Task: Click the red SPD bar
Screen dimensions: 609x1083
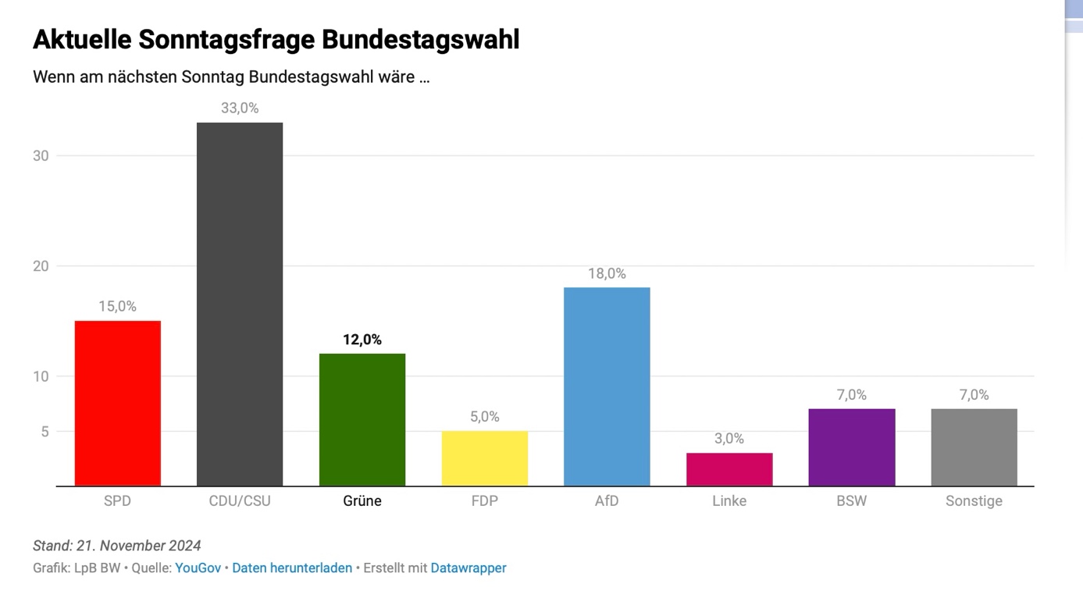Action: [x=117, y=404]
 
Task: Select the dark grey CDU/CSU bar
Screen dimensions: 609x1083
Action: [x=240, y=304]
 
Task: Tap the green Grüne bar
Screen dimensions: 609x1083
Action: [x=362, y=420]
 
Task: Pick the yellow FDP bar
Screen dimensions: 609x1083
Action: [x=485, y=459]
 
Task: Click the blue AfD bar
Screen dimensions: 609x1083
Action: [x=607, y=387]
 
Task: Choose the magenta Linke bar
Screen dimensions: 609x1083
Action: [x=729, y=470]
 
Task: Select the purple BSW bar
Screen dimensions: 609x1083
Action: [x=852, y=447]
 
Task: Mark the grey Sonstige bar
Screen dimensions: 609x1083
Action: [x=974, y=447]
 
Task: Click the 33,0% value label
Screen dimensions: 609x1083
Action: [x=240, y=108]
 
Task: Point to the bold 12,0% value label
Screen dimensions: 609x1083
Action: [x=362, y=340]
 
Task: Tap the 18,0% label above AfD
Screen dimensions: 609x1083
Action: [x=607, y=274]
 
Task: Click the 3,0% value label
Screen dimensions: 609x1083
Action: [x=729, y=439]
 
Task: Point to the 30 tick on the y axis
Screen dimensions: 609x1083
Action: [x=41, y=156]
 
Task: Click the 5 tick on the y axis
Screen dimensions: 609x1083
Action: [x=45, y=432]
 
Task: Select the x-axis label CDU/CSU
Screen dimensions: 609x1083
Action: [x=240, y=501]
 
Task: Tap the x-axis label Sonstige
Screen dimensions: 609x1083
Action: [x=974, y=501]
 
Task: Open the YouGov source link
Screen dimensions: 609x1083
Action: [x=198, y=568]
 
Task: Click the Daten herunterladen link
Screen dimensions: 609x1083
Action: [x=292, y=568]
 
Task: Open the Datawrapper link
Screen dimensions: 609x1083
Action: [x=468, y=568]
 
